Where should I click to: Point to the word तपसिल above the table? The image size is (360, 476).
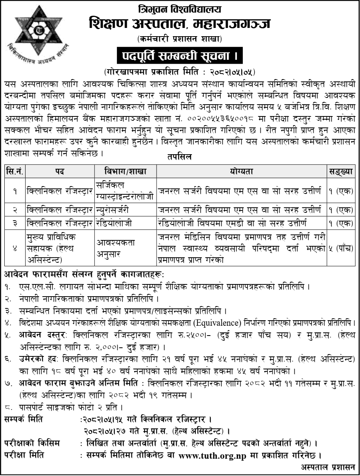pos(180,157)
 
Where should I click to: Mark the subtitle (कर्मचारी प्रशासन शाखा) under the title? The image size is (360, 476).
pos(180,39)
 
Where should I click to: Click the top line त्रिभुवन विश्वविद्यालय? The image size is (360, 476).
pos(180,9)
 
